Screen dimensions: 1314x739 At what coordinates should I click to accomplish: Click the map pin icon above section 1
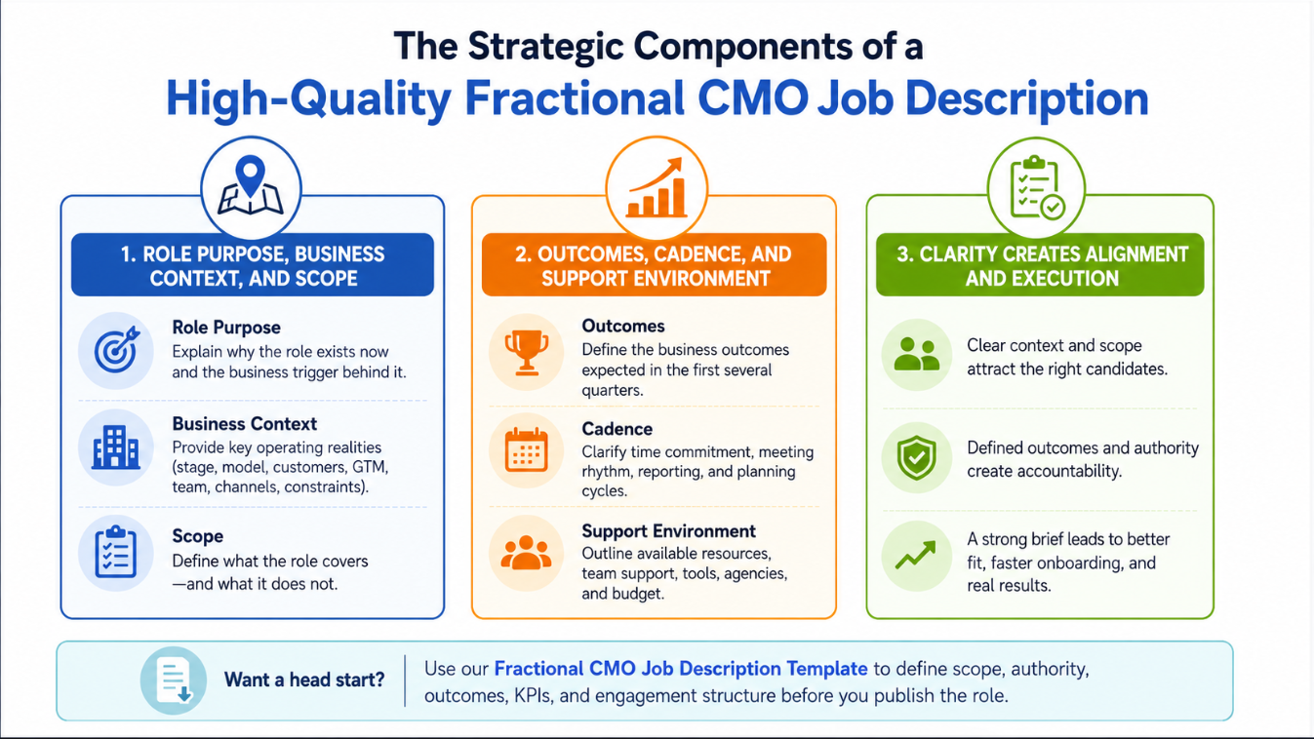pyautogui.click(x=251, y=185)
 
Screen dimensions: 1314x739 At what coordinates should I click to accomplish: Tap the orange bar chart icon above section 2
pyautogui.click(x=657, y=187)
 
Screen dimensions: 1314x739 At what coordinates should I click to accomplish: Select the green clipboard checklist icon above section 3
pyautogui.click(x=1037, y=187)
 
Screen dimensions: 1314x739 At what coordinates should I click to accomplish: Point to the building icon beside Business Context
pyautogui.click(x=115, y=447)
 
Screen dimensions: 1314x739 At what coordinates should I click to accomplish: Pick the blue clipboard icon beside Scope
pyautogui.click(x=115, y=552)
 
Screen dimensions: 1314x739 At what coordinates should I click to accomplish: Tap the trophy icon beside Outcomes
pyautogui.click(x=526, y=352)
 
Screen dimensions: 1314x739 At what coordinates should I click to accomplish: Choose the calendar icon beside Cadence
pyautogui.click(x=526, y=450)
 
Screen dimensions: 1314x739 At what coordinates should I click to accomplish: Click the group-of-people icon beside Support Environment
pyautogui.click(x=526, y=553)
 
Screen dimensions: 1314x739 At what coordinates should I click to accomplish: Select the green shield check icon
pyautogui.click(x=916, y=457)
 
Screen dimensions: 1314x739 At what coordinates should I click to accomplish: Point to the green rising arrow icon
pyautogui.click(x=916, y=555)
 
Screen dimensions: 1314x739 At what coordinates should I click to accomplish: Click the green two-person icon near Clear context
pyautogui.click(x=916, y=354)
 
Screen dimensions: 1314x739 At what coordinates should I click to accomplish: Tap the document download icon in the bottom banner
pyautogui.click(x=174, y=681)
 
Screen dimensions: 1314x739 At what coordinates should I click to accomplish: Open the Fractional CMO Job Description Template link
pyautogui.click(x=681, y=669)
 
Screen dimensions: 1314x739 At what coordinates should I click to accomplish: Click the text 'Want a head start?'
pyautogui.click(x=304, y=680)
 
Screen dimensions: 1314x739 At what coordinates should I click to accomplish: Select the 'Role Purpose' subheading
pyautogui.click(x=226, y=327)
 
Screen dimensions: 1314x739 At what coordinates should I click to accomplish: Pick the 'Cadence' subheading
pyautogui.click(x=617, y=429)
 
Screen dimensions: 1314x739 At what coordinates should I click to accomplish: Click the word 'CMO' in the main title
pyautogui.click(x=753, y=97)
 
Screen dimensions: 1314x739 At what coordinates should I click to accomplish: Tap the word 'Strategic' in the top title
pyautogui.click(x=545, y=47)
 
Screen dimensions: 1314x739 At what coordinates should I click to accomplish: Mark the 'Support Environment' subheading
pyautogui.click(x=669, y=531)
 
